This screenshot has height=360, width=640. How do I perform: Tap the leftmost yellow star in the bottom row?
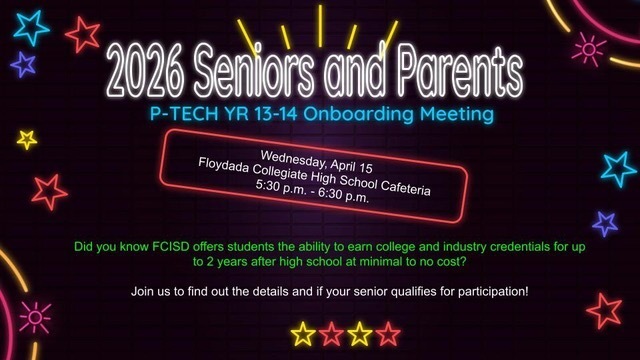[x=302, y=333]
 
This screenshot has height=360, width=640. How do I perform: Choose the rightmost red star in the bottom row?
[x=388, y=333]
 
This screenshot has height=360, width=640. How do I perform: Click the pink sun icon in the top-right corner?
[x=588, y=47]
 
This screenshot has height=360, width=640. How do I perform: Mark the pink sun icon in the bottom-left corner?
[x=35, y=318]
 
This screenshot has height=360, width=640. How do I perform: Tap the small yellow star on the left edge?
[x=27, y=139]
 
